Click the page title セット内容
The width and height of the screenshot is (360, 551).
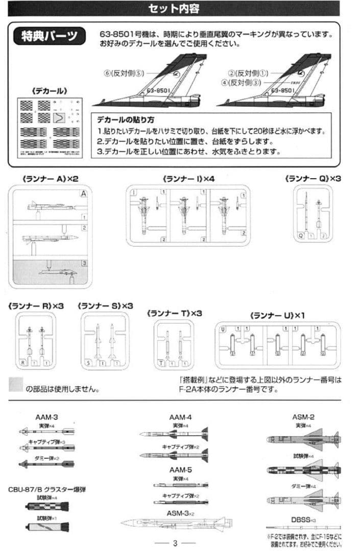click(x=174, y=9)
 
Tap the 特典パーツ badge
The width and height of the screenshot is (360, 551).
click(x=50, y=37)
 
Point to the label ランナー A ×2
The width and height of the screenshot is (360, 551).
click(x=50, y=179)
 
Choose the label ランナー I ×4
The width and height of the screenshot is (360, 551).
click(x=187, y=179)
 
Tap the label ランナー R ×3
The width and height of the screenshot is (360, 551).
click(x=36, y=306)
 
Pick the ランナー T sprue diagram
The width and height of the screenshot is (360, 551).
click(x=174, y=344)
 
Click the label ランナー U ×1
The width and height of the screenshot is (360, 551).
click(x=277, y=315)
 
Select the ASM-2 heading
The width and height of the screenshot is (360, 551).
click(x=303, y=417)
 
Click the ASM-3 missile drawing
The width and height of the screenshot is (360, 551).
click(x=176, y=523)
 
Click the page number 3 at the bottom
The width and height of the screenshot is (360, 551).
click(x=175, y=543)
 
